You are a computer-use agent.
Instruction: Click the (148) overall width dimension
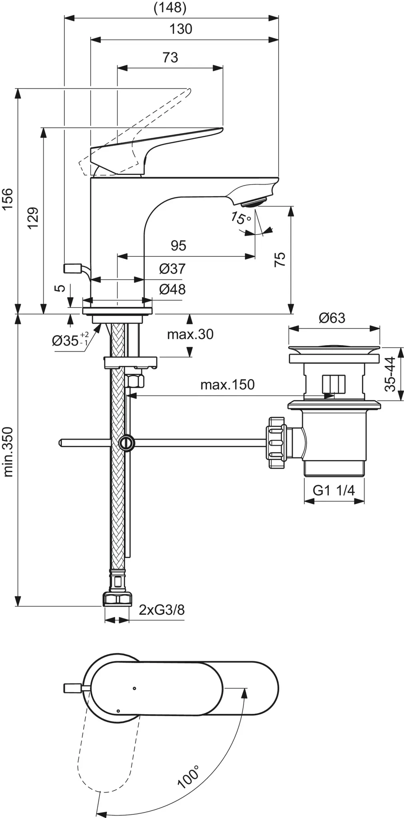170,8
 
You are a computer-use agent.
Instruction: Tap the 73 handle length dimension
170,58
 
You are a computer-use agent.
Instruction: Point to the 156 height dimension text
8,199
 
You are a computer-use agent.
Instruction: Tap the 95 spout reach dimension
178,246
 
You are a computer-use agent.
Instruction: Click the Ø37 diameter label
172,269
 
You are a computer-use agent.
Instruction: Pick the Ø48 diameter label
172,289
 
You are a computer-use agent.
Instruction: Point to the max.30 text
190,334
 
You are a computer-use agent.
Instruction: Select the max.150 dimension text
227,385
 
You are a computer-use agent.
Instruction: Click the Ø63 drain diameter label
332,318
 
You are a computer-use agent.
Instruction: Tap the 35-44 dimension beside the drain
391,374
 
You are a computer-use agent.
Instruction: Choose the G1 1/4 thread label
333,490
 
